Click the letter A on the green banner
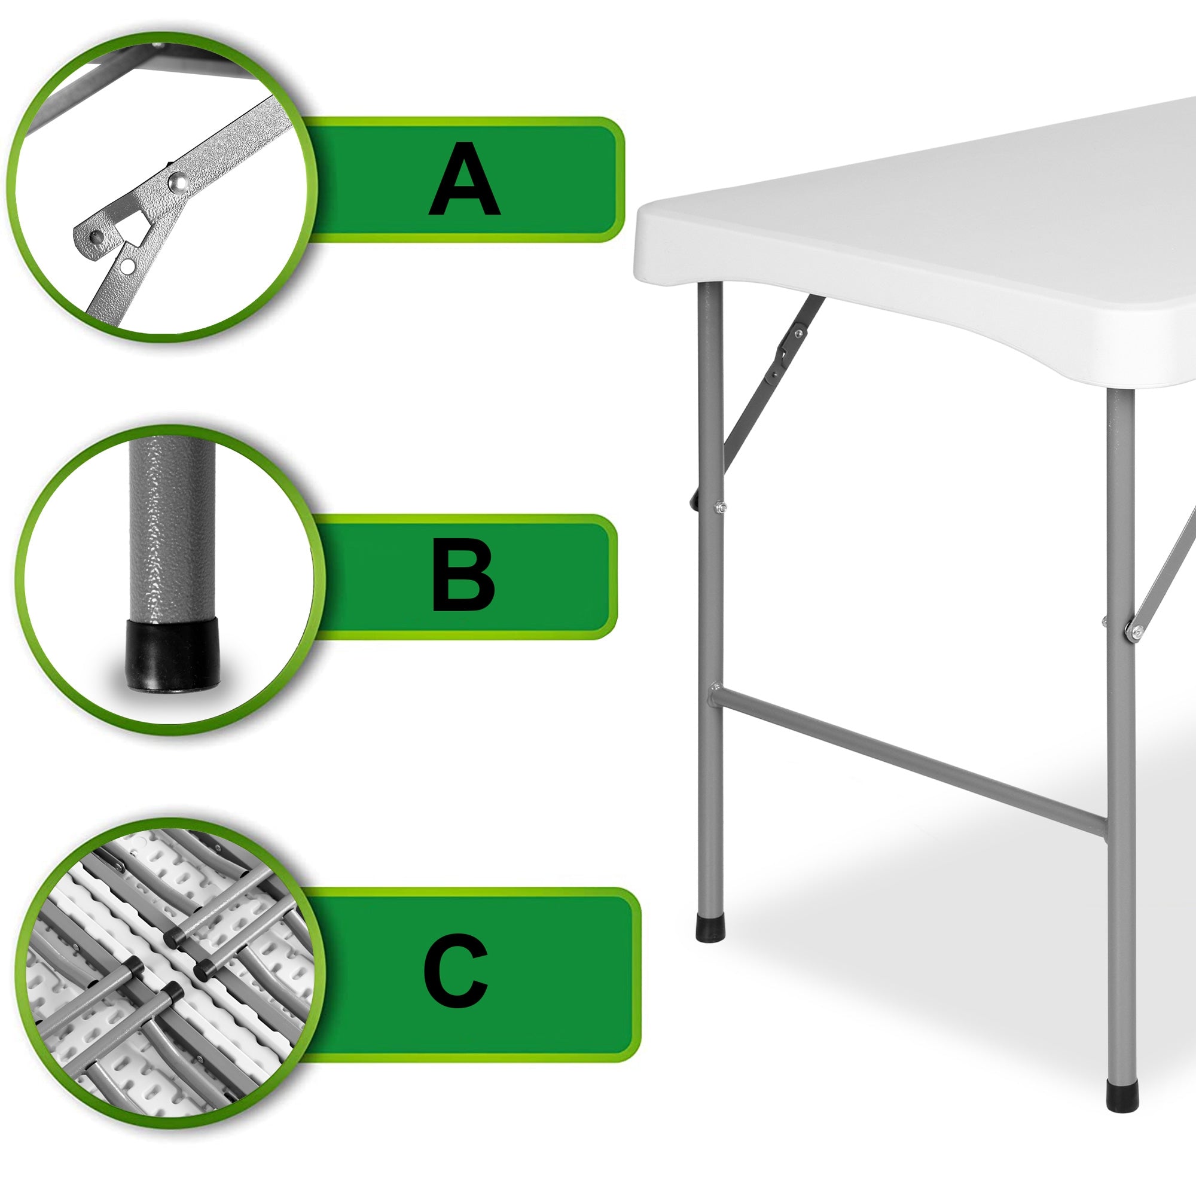coord(464,179)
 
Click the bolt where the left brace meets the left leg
coord(720,508)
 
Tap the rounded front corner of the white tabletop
coord(650,248)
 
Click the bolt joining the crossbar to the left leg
coord(716,687)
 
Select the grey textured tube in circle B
coord(172,526)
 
